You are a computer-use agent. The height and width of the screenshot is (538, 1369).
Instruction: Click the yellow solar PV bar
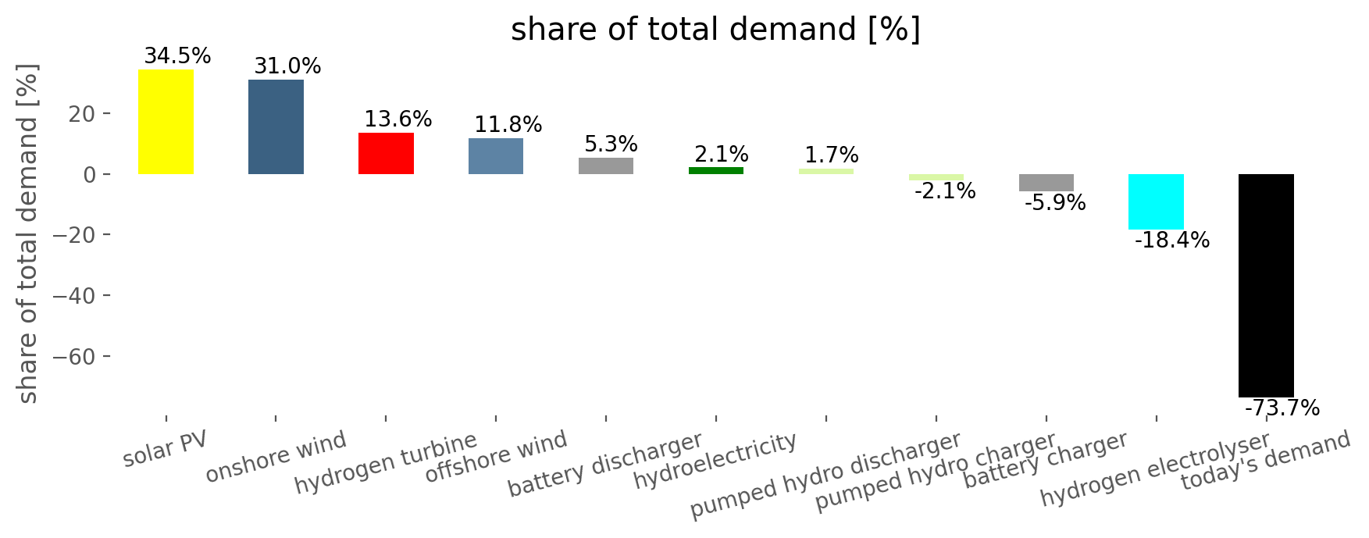coord(166,122)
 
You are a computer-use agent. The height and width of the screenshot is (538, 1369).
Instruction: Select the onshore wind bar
coord(276,126)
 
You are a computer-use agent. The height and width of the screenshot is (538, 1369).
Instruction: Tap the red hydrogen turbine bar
coord(386,153)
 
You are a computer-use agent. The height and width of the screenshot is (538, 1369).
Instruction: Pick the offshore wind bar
coord(496,156)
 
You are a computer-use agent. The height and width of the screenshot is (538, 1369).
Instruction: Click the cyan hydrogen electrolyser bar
coord(1156,201)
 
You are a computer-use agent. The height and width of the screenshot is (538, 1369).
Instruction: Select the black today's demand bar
coord(1266,285)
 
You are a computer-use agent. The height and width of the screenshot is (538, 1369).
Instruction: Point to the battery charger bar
coord(1046,183)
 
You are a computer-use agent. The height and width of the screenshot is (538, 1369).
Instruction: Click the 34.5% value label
coord(177,56)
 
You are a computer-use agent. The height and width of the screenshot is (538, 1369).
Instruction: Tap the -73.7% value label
coord(1282,408)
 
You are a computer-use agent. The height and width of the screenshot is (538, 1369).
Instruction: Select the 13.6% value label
coord(398,119)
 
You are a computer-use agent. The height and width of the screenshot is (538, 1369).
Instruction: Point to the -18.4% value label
coord(1171,240)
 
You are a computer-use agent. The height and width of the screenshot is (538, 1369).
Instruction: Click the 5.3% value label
coord(611,144)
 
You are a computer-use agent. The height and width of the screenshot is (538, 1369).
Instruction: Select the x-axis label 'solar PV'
coord(166,449)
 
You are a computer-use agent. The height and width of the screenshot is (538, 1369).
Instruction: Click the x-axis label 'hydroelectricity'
coord(715,461)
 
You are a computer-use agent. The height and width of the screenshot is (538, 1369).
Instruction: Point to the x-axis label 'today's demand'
coord(1265,461)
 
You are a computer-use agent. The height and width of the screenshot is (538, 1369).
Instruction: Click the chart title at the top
coord(715,30)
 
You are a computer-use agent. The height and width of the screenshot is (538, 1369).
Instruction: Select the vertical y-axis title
coord(27,234)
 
